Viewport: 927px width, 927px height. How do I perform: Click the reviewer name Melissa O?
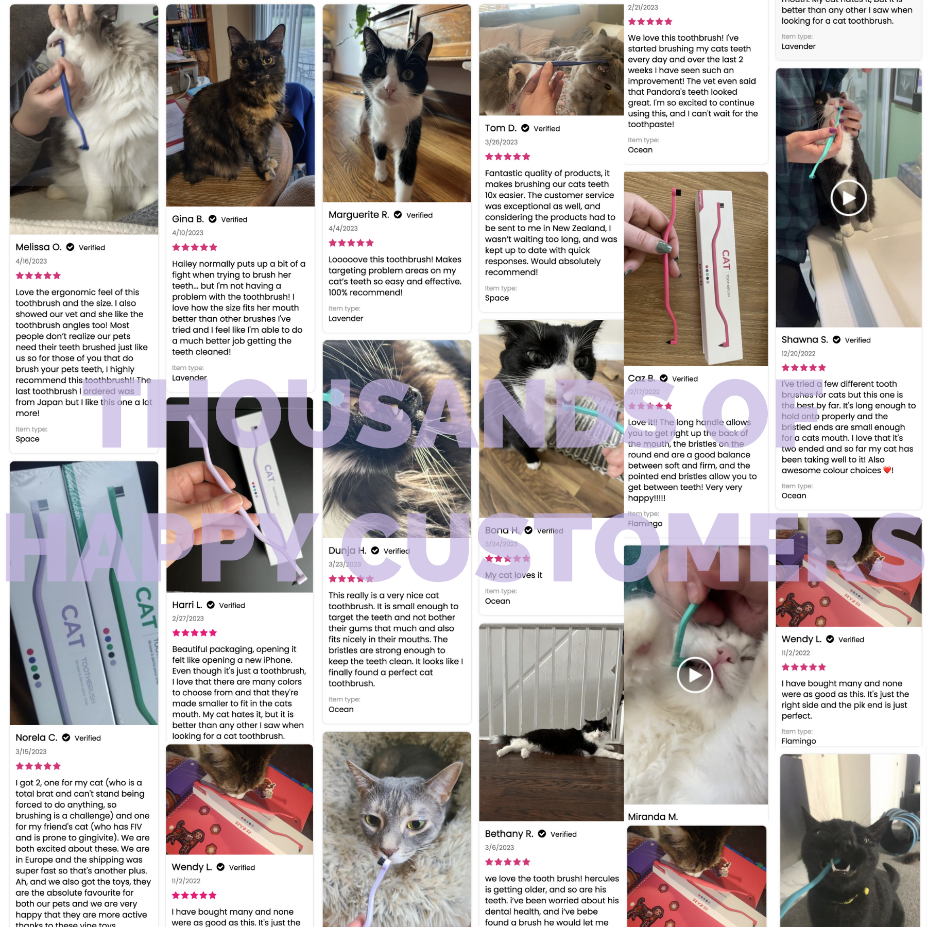point(39,247)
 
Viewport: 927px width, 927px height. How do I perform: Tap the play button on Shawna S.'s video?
point(848,198)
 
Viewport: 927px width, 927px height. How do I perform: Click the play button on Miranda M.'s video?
point(695,675)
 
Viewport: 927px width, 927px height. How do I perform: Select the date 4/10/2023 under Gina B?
point(187,233)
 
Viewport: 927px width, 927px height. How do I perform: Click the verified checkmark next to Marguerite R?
point(398,215)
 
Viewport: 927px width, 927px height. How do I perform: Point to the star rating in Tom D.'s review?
point(507,157)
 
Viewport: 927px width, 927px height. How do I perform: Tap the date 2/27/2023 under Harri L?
point(188,619)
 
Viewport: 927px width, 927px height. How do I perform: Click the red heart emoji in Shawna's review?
point(887,470)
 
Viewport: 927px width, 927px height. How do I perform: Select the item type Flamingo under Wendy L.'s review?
point(798,741)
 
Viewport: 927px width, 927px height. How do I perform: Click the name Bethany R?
point(509,834)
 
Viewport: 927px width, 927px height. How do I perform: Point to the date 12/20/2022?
point(798,353)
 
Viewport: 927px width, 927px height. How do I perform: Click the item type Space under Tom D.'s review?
point(496,298)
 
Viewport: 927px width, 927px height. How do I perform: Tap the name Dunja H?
point(347,551)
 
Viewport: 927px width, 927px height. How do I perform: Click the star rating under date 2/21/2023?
point(650,22)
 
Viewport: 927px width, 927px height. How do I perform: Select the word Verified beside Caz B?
point(684,379)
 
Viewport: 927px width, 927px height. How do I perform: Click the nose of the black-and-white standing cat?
point(390,91)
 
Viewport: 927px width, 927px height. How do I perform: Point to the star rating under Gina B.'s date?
point(195,247)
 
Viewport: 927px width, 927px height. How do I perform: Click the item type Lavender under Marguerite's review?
point(346,318)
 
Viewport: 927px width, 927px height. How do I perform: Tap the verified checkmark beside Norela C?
point(66,737)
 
